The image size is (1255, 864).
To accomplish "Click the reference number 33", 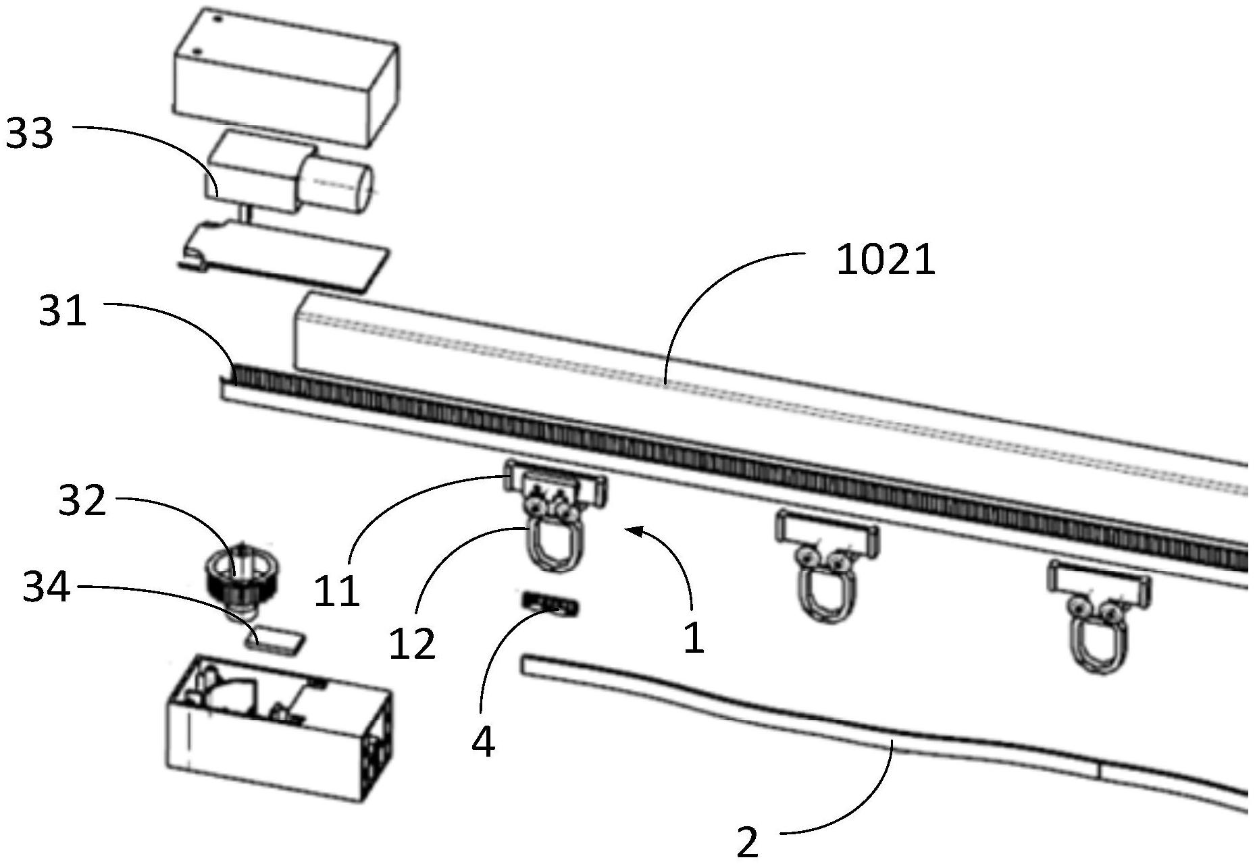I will pos(29,134).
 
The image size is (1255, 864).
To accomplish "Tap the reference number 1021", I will pos(886,261).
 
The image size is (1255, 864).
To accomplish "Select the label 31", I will pos(63,313).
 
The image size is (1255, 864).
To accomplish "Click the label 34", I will pos(47,587).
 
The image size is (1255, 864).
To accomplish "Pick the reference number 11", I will pos(336,592).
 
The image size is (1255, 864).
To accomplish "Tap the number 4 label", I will pos(483,742).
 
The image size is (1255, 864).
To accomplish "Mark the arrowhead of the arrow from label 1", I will pos(631,531).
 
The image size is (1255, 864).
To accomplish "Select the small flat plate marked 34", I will pos(274,638).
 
